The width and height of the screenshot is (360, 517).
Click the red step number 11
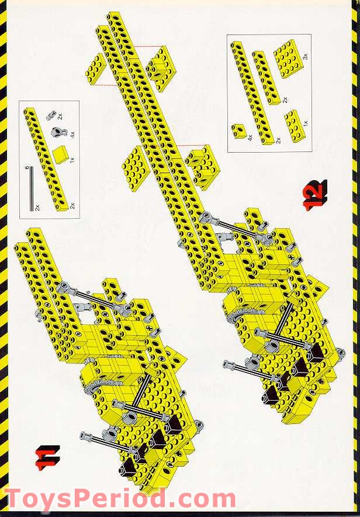click(49, 458)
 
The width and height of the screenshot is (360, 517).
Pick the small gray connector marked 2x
click(51, 115)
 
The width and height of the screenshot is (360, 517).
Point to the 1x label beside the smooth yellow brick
click(73, 159)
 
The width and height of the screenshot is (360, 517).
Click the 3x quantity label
click(304, 57)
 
